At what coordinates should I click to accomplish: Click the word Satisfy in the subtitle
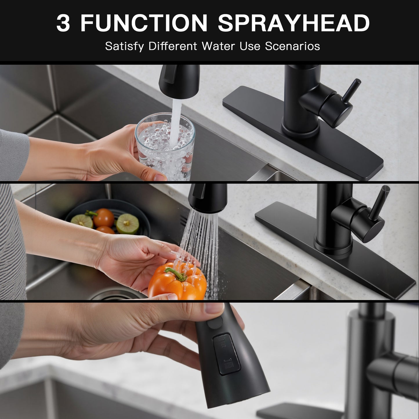coord(124,46)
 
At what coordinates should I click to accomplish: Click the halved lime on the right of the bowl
coord(127,224)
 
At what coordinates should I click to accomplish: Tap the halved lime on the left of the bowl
coord(82,221)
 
